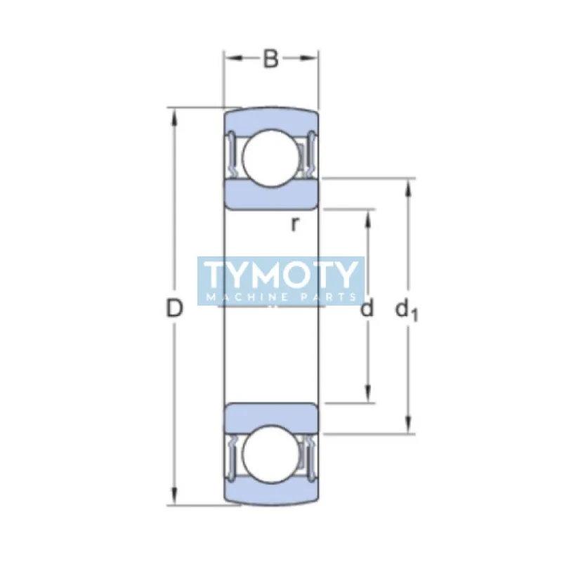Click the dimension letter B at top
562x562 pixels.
(270, 59)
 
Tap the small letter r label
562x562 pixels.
(296, 224)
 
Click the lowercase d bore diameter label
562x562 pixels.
(367, 308)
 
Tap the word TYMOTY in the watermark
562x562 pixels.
(281, 275)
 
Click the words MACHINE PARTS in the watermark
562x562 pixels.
(281, 297)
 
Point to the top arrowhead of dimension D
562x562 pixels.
(174, 115)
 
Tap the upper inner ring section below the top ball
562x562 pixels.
(270, 194)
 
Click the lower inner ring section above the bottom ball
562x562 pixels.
(270, 418)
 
